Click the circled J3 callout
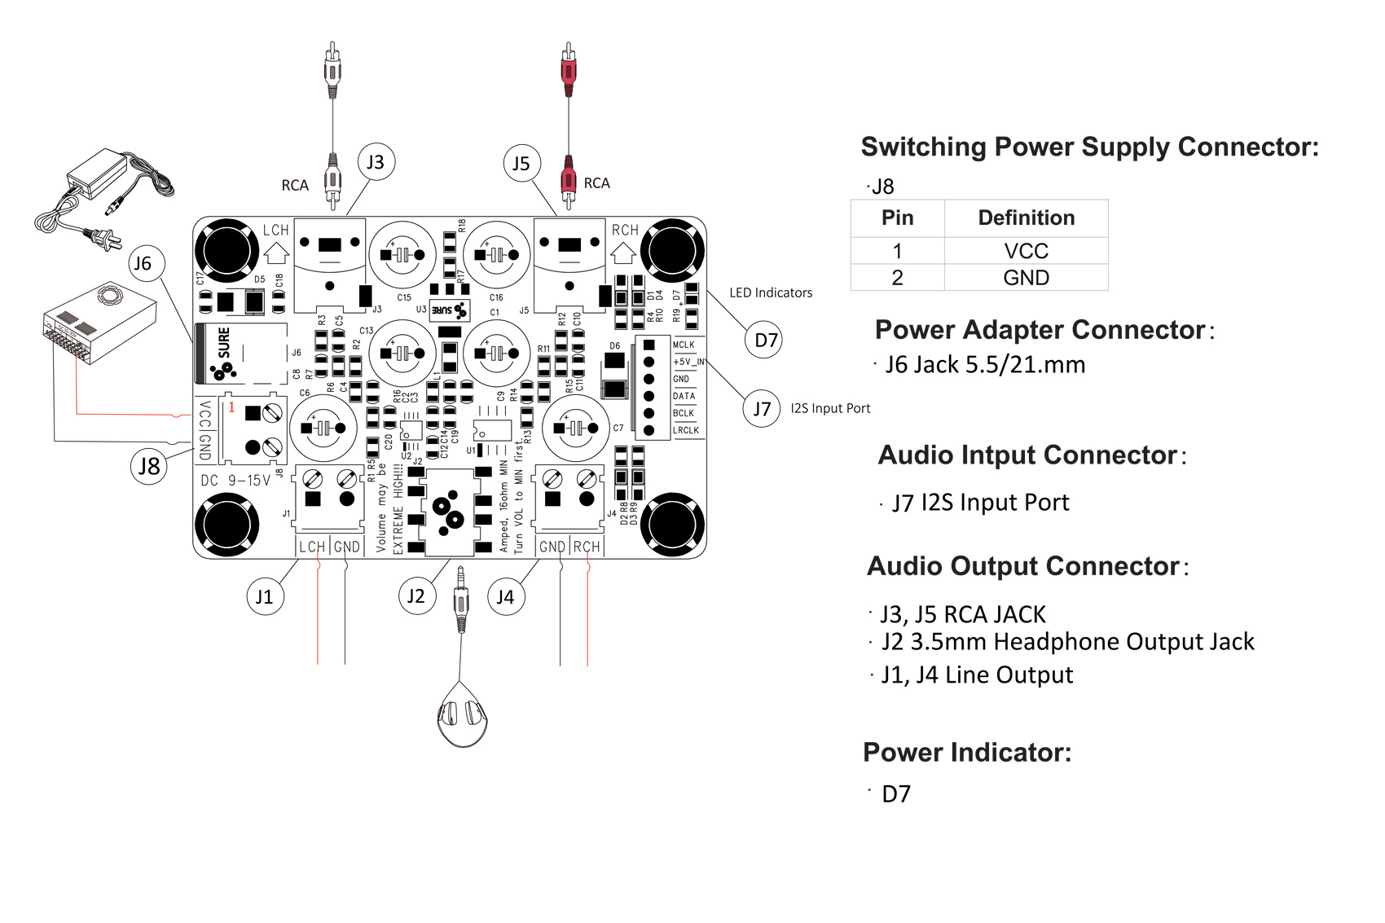[x=376, y=162]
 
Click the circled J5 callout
[x=521, y=164]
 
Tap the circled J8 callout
[x=149, y=466]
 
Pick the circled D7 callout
[x=764, y=340]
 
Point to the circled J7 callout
[x=762, y=408]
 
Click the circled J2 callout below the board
[x=416, y=596]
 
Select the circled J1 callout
[x=265, y=596]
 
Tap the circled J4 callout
[x=505, y=596]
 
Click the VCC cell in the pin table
[x=1026, y=251]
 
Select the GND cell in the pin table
[x=1026, y=278]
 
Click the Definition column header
[x=1026, y=218]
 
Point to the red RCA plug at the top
[x=568, y=69]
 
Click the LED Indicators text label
[x=771, y=292]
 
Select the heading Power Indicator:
[x=967, y=752]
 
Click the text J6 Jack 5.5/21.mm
[x=985, y=364]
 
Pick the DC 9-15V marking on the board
[x=235, y=481]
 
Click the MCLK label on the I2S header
[x=684, y=345]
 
